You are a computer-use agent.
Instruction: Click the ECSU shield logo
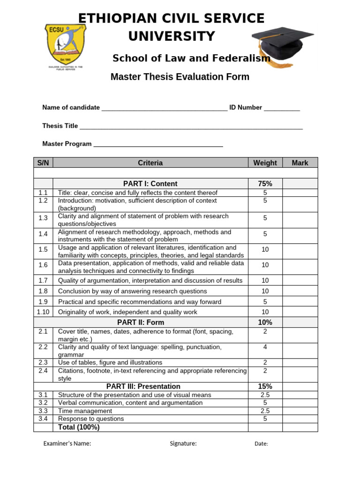[x=65, y=45]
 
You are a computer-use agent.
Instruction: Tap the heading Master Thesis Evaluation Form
[x=180, y=77]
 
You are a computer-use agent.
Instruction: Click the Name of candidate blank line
[x=164, y=108]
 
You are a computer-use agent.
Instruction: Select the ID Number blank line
[x=281, y=108]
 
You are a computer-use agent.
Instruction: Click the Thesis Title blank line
[x=191, y=127]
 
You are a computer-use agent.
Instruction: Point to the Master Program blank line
[x=158, y=145]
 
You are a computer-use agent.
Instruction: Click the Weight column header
[x=265, y=163]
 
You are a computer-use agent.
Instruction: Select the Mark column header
[x=300, y=163]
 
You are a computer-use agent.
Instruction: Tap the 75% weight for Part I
[x=265, y=184]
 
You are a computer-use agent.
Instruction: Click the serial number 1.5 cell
[x=43, y=250]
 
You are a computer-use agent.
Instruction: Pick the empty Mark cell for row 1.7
[x=300, y=280]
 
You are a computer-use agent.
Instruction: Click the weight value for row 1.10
[x=265, y=312]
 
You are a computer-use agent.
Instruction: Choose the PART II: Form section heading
[x=141, y=322]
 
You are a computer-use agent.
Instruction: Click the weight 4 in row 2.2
[x=265, y=347]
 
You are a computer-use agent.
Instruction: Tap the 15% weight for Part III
[x=265, y=387]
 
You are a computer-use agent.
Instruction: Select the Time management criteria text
[x=85, y=411]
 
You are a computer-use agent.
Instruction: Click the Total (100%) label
[x=79, y=427]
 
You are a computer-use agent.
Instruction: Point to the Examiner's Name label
[x=67, y=444]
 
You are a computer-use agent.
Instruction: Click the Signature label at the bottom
[x=183, y=444]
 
